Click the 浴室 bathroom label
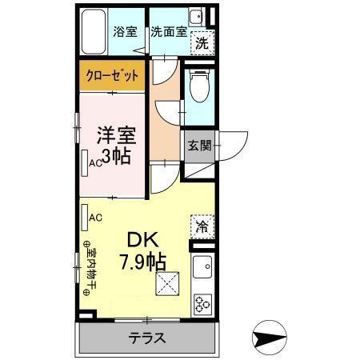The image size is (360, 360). (x=125, y=32)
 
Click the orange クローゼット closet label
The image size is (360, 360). (x=112, y=77)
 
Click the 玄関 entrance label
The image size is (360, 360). (x=200, y=146)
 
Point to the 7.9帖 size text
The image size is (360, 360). (x=142, y=262)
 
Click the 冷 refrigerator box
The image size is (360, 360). (x=202, y=226)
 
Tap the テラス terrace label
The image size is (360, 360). (x=148, y=338)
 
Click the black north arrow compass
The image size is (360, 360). (x=269, y=338)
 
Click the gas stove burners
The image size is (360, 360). (x=202, y=303)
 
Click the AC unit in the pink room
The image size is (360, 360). (x=86, y=162)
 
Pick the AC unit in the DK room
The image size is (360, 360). (x=85, y=216)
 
